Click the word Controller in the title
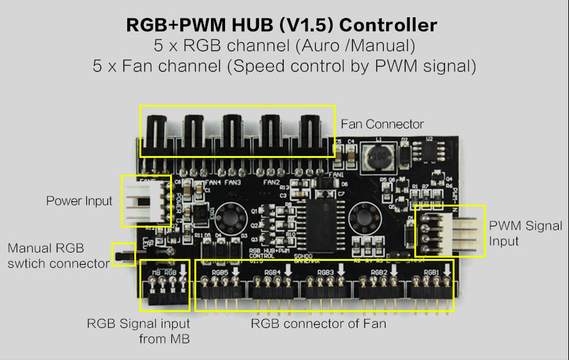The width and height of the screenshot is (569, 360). pyautogui.click(x=388, y=26)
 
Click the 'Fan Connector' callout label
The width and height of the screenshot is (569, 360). pyautogui.click(x=382, y=124)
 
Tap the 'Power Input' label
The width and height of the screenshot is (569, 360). pyautogui.click(x=79, y=201)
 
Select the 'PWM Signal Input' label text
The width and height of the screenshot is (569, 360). pyautogui.click(x=526, y=233)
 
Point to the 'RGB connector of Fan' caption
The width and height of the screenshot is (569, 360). pyautogui.click(x=318, y=324)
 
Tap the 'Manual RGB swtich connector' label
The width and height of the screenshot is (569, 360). pyautogui.click(x=58, y=255)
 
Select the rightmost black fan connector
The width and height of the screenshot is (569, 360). pyautogui.click(x=313, y=134)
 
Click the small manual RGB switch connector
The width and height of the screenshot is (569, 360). pyautogui.click(x=123, y=254)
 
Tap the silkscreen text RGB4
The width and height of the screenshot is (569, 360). pyautogui.click(x=272, y=272)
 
